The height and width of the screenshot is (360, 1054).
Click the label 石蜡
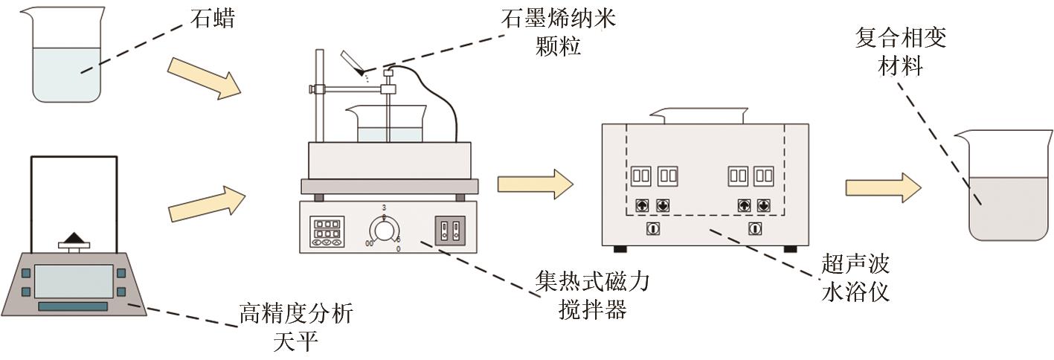coord(213,18)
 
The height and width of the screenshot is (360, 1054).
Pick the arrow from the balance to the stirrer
coord(206,202)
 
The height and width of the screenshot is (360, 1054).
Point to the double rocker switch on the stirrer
coord(449,231)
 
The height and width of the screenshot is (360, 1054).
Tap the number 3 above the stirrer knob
coord(384,207)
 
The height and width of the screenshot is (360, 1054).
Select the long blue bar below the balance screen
coord(72,306)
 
